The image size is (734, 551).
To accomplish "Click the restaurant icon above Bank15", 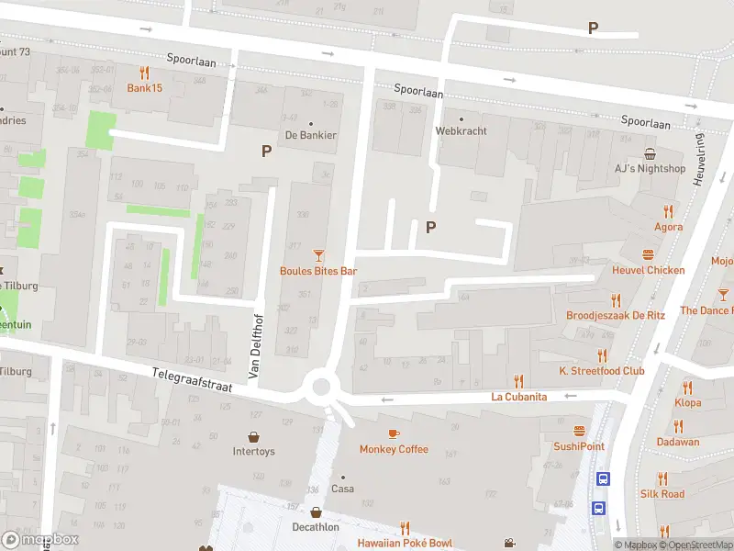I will (144, 73).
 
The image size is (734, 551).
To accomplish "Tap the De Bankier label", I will (311, 135).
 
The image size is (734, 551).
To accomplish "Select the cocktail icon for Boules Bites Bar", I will (318, 255).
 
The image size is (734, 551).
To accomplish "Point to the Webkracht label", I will (461, 130).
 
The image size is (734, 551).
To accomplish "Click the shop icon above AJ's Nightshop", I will (650, 153).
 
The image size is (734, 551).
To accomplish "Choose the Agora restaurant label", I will (668, 227).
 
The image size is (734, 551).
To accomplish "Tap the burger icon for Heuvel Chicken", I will (649, 254).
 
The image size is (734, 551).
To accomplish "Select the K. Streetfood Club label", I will (602, 371).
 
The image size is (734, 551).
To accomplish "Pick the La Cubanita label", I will (518, 397).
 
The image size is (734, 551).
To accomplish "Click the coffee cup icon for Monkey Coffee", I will (394, 433).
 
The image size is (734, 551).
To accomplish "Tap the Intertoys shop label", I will (253, 451).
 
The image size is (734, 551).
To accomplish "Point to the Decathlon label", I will (316, 527).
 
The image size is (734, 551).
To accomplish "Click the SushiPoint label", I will (578, 446).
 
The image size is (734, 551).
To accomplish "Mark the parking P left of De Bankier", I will (267, 152).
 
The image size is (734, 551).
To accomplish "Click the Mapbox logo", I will (40, 540).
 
